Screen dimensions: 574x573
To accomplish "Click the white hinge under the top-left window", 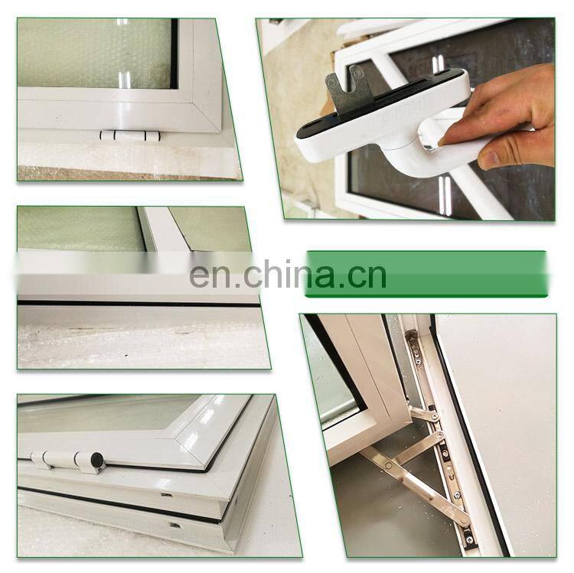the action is (x=130, y=135).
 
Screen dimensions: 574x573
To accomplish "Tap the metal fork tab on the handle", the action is (x=347, y=92).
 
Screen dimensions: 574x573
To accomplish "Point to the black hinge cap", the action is (x=97, y=460).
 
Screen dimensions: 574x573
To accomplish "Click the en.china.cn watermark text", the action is (x=288, y=274).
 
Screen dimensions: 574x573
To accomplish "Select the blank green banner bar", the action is (x=426, y=274).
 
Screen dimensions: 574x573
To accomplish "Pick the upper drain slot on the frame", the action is (x=167, y=495).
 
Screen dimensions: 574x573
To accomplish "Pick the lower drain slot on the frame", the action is (x=175, y=526).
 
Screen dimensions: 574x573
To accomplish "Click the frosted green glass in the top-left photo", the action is (x=94, y=53).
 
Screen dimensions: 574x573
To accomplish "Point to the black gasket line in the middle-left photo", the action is (x=139, y=304).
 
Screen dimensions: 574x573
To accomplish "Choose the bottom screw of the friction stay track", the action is (x=468, y=539).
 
